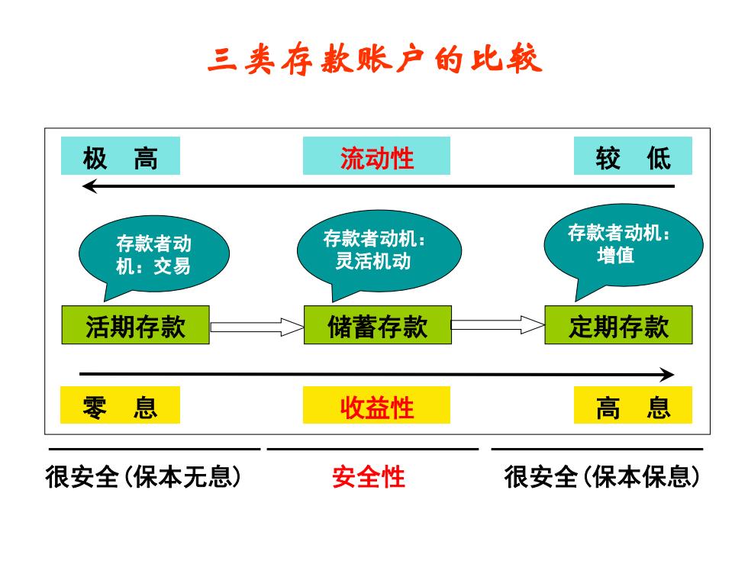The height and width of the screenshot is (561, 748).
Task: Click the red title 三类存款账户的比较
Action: coord(375,60)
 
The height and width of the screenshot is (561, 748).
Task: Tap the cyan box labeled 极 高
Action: coord(121,156)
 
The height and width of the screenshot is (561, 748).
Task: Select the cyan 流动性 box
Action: coord(376,156)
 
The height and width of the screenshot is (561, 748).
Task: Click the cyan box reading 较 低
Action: coord(633,156)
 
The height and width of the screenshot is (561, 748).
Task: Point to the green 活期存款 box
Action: coord(136,325)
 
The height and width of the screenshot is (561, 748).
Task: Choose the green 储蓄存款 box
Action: coord(377,325)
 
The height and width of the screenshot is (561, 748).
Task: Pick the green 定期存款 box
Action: coord(618,325)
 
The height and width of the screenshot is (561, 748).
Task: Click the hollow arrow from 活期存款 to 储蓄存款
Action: coord(256,327)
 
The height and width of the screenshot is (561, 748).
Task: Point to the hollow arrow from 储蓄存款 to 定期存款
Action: coord(498,325)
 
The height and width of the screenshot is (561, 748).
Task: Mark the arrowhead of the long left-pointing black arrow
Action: coord(83,186)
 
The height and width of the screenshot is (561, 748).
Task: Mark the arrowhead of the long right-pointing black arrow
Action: coord(673,375)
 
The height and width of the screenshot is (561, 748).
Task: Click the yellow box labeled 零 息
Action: coord(120,405)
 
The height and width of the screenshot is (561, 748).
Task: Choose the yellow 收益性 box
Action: coord(376,405)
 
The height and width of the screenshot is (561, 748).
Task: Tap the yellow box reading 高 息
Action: coord(633,405)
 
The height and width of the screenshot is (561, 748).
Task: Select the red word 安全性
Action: coord(368,476)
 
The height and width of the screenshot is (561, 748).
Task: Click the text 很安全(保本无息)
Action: coord(143,476)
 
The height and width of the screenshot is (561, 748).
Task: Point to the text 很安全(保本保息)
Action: coord(602,476)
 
